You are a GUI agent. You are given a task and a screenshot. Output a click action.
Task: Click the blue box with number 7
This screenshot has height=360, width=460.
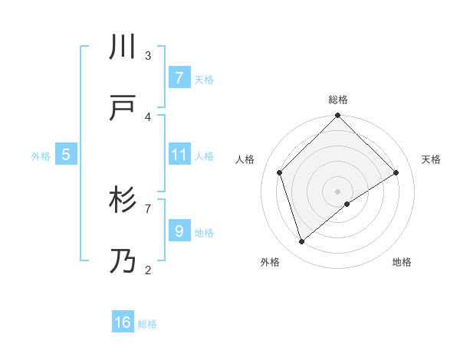click(179, 77)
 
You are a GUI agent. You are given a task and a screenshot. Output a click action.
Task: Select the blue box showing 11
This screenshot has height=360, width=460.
click(179, 155)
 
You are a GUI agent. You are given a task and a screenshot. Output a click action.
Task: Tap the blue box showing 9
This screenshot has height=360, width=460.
click(179, 231)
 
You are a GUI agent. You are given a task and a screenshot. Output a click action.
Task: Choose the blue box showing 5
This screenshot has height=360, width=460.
click(66, 155)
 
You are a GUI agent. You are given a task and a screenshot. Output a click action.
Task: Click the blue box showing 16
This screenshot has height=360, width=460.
click(123, 322)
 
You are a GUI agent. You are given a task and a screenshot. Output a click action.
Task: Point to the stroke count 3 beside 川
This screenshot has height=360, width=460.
click(148, 55)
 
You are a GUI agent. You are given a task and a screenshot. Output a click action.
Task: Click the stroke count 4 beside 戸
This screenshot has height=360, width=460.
click(148, 116)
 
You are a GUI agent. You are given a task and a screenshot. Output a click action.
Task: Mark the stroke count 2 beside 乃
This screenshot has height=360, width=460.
click(148, 269)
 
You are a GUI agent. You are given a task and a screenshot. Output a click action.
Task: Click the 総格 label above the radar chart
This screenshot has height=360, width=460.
click(338, 100)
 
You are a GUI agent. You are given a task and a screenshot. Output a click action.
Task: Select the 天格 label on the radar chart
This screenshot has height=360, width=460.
click(431, 159)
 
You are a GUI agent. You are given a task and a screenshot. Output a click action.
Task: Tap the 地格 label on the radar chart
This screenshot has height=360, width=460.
click(402, 262)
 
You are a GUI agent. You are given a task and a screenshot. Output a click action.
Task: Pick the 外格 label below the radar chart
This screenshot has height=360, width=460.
click(270, 262)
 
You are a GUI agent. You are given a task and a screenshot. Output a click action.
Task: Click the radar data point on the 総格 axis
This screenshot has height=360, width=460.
click(338, 116)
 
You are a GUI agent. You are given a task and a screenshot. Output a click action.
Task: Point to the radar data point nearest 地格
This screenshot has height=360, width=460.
click(347, 204)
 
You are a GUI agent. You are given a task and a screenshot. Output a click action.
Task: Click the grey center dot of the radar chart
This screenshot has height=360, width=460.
click(338, 191)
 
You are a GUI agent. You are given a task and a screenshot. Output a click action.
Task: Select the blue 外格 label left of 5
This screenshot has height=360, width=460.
click(41, 155)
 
